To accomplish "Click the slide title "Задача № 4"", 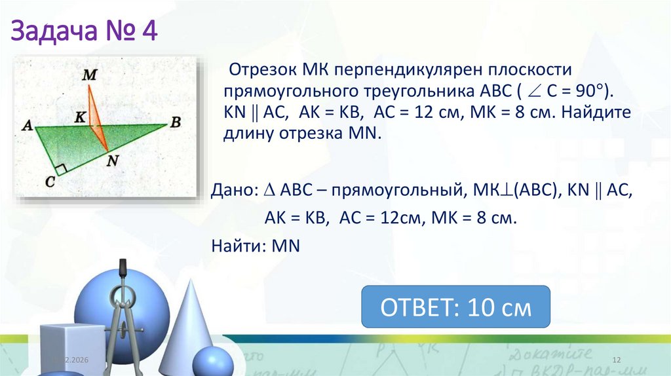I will click(85, 31).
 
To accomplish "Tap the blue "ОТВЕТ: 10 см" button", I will click(456, 307).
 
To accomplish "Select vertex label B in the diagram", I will click(175, 122).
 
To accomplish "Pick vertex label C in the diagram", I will click(50, 182).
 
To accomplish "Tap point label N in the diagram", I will click(113, 159).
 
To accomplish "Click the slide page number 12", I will click(616, 361).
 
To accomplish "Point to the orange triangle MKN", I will click(96, 115).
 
